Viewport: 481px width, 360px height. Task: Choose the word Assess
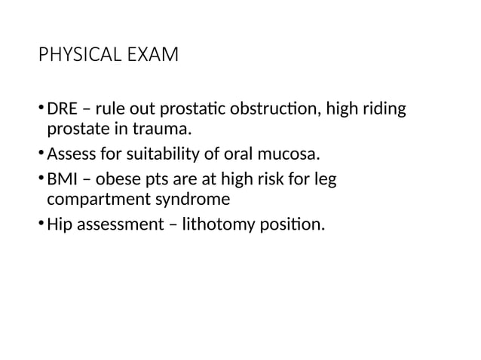pos(70,156)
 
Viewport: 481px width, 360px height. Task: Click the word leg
pos(325,179)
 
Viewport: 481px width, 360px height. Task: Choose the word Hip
pos(60,224)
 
